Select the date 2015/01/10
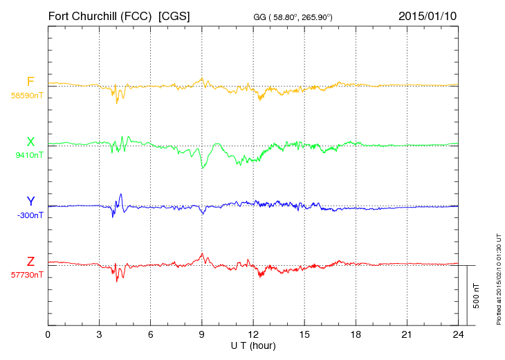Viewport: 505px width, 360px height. point(428,15)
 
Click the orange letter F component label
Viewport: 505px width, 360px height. point(30,82)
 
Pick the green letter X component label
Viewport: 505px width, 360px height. point(30,142)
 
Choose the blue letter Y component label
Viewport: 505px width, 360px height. point(30,201)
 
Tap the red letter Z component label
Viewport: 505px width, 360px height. point(30,262)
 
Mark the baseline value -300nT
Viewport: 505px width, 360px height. point(30,215)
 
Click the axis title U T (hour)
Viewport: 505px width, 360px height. point(253,345)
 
